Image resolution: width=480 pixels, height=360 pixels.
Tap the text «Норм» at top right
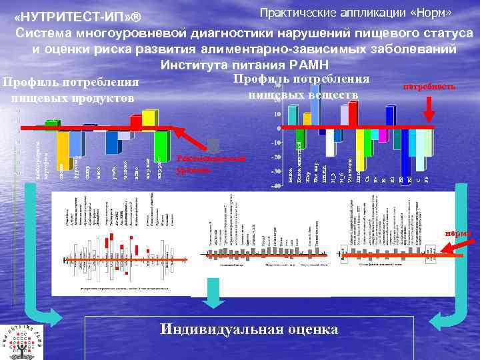point(434,13)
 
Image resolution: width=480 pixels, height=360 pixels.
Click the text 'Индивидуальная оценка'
point(249,330)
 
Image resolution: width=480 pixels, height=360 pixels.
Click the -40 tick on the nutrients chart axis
point(275,186)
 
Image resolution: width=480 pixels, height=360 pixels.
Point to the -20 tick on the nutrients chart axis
point(275,157)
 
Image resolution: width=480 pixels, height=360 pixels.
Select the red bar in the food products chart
point(136,123)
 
